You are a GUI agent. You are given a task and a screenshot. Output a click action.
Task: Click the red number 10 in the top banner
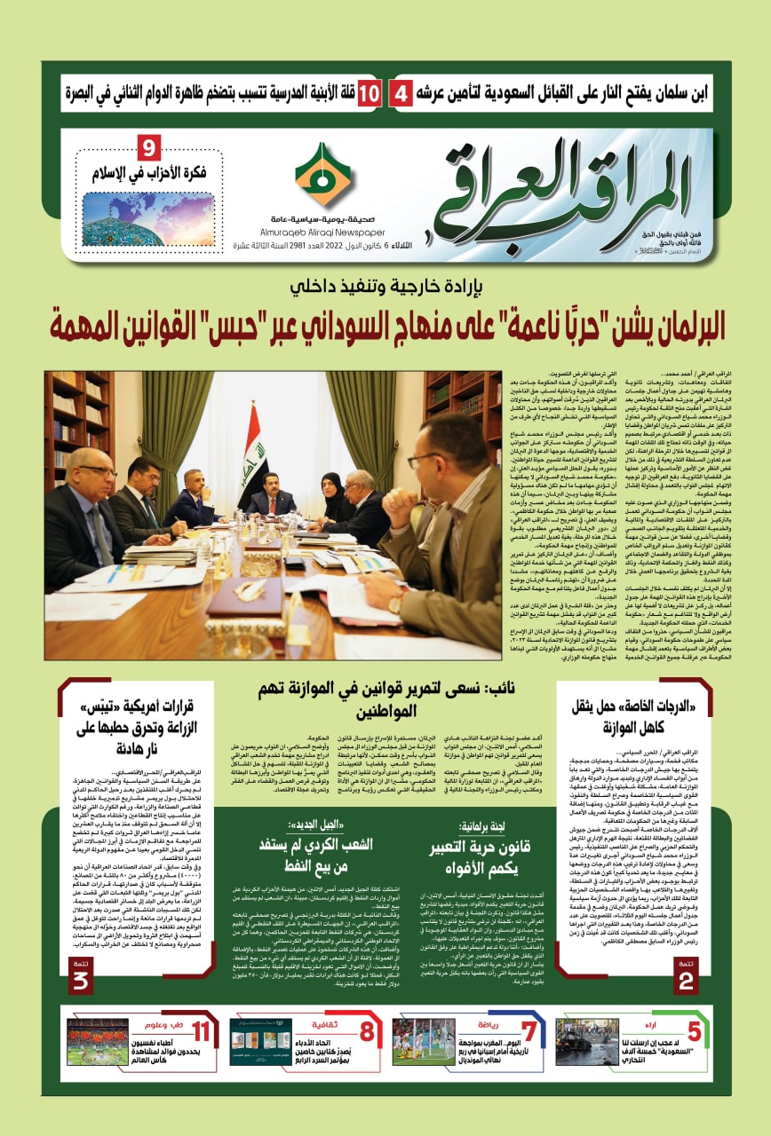pyautogui.click(x=369, y=92)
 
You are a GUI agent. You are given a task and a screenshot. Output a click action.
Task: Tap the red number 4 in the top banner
pyautogui.click(x=401, y=92)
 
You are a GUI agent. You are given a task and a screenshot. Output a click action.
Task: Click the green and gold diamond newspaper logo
pyautogui.click(x=322, y=176)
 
